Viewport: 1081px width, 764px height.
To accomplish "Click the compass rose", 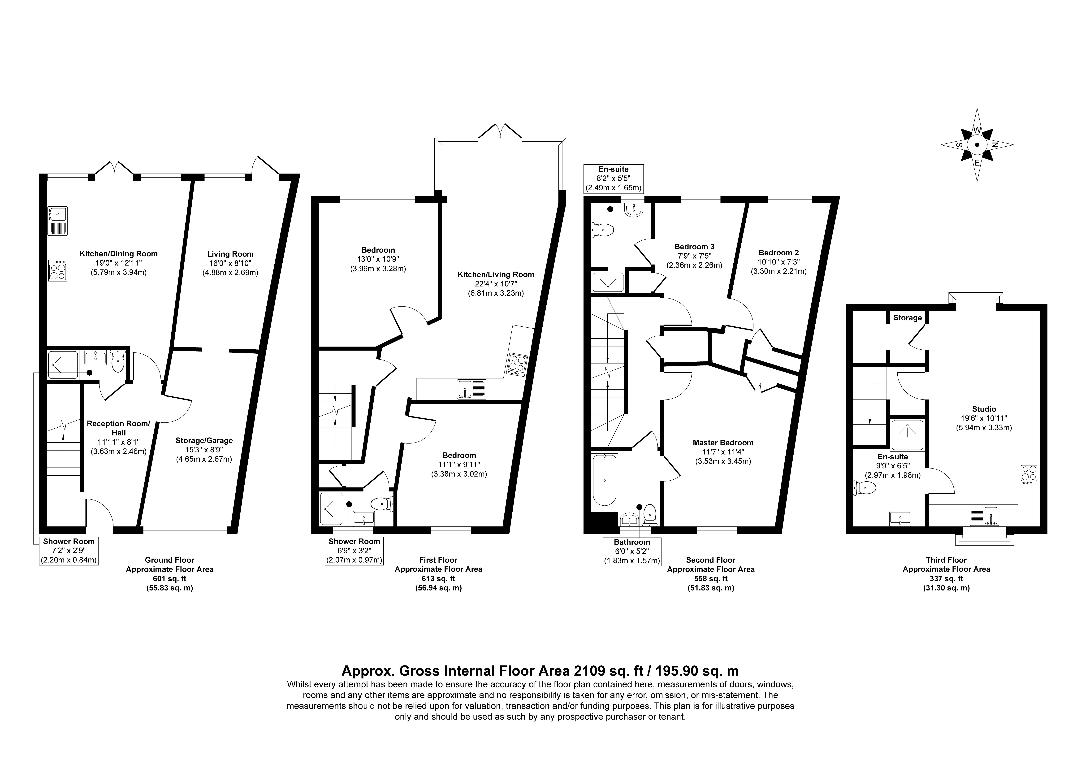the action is point(977,145).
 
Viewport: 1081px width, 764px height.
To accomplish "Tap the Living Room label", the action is point(230,254).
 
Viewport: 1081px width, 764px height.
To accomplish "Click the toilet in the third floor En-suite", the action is point(865,487).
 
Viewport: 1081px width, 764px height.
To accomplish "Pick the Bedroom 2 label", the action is point(778,252).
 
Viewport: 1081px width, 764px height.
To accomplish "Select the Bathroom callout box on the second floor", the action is point(632,551).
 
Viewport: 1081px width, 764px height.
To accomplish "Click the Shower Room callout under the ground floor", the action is point(69,551).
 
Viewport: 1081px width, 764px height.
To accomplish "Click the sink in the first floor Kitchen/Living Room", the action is point(472,389).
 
